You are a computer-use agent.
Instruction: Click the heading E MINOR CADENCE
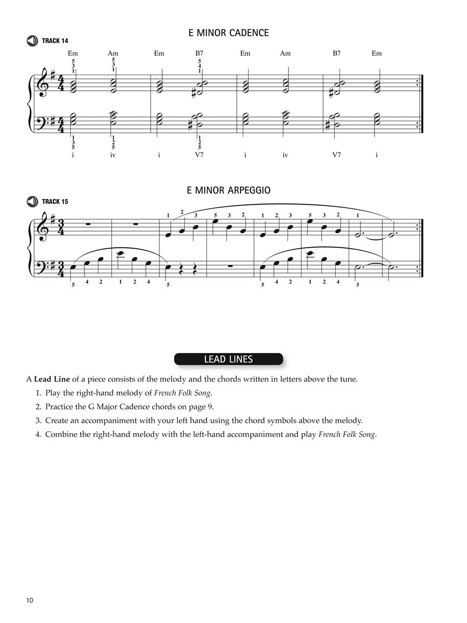pyautogui.click(x=228, y=33)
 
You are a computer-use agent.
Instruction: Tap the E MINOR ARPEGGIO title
pyautogui.click(x=228, y=190)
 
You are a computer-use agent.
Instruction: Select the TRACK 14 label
pyautogui.click(x=55, y=41)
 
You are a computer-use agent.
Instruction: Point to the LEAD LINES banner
pyautogui.click(x=228, y=359)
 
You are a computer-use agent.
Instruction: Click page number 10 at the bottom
pyautogui.click(x=30, y=600)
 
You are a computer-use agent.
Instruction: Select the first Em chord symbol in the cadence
pyautogui.click(x=73, y=53)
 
